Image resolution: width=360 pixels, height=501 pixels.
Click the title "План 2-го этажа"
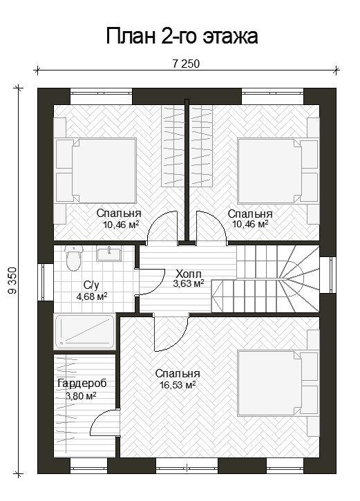coord(182,36)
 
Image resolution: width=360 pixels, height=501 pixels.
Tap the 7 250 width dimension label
coord(186,64)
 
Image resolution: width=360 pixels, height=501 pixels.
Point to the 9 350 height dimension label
coord(12,281)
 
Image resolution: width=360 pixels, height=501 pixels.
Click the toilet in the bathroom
coord(74,258)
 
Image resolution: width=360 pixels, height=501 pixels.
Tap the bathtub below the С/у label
coord(85,332)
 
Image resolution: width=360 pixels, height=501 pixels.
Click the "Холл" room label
coord(189,274)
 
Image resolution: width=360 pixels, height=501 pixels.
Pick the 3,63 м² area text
coord(189,283)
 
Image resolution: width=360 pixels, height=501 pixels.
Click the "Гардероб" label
coord(82,384)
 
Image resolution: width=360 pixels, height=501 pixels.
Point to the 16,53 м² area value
coord(178,385)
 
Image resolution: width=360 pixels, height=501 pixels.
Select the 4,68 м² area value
coord(92,296)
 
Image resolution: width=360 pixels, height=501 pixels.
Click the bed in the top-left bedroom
coord(96,170)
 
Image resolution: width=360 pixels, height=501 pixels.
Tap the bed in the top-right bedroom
coord(278,171)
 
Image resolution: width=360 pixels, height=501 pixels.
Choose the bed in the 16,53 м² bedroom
coord(278,383)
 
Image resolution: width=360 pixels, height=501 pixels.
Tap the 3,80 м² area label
coord(81,396)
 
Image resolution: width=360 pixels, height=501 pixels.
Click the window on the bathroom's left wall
coord(46,282)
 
